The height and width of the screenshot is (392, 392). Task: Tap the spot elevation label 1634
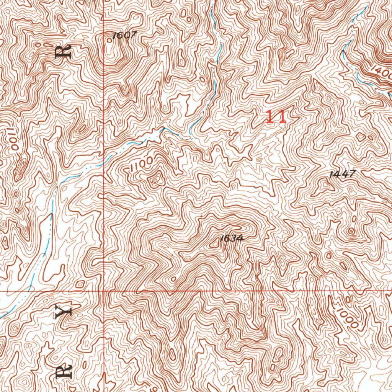pyautogui.click(x=232, y=238)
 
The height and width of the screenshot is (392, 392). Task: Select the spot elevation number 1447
pyautogui.click(x=343, y=174)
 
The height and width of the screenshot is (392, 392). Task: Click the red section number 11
pyautogui.click(x=276, y=117)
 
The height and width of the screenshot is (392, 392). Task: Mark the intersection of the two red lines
pyautogui.click(x=104, y=291)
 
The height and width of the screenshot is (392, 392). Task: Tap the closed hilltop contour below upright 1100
pyautogui.click(x=156, y=179)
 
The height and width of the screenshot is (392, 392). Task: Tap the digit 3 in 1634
pyautogui.click(x=234, y=238)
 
